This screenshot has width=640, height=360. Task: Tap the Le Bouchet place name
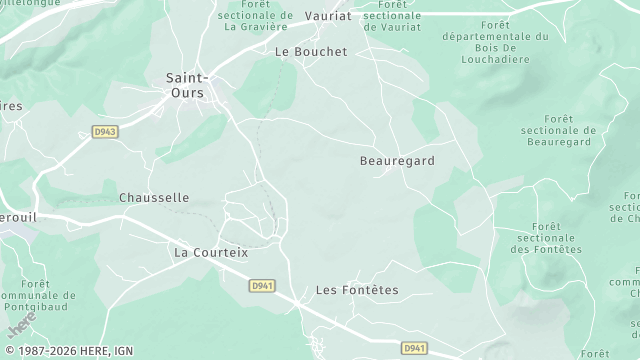[310, 51]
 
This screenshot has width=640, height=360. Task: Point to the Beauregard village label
[397, 160]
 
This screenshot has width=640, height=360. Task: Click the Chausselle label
[154, 198]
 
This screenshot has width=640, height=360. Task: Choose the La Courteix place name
[211, 252]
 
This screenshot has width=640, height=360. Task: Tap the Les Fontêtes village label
[357, 290]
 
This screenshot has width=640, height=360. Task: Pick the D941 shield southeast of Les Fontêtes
[415, 348]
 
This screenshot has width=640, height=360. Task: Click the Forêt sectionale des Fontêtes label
[546, 238]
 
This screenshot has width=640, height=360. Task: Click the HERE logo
[22, 324]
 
